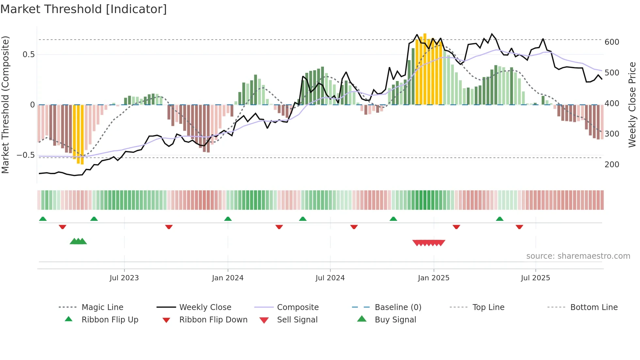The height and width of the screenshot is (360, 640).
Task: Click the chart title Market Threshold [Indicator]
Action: point(84,9)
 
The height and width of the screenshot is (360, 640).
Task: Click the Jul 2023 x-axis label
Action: point(124,278)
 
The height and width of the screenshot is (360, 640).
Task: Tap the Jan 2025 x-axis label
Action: point(434,278)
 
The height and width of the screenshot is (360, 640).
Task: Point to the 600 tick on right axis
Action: point(612,42)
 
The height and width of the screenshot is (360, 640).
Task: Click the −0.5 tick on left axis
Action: point(25,155)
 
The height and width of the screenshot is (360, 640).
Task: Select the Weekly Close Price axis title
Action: point(632,105)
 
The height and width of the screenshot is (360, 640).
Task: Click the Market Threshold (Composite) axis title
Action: point(5,105)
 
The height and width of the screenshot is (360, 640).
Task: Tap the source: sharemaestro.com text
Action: point(578,256)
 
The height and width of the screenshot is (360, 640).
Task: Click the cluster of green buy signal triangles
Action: point(78,241)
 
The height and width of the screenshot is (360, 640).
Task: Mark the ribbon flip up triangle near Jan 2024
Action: point(228,219)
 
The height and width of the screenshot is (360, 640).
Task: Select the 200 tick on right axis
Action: point(612,165)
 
